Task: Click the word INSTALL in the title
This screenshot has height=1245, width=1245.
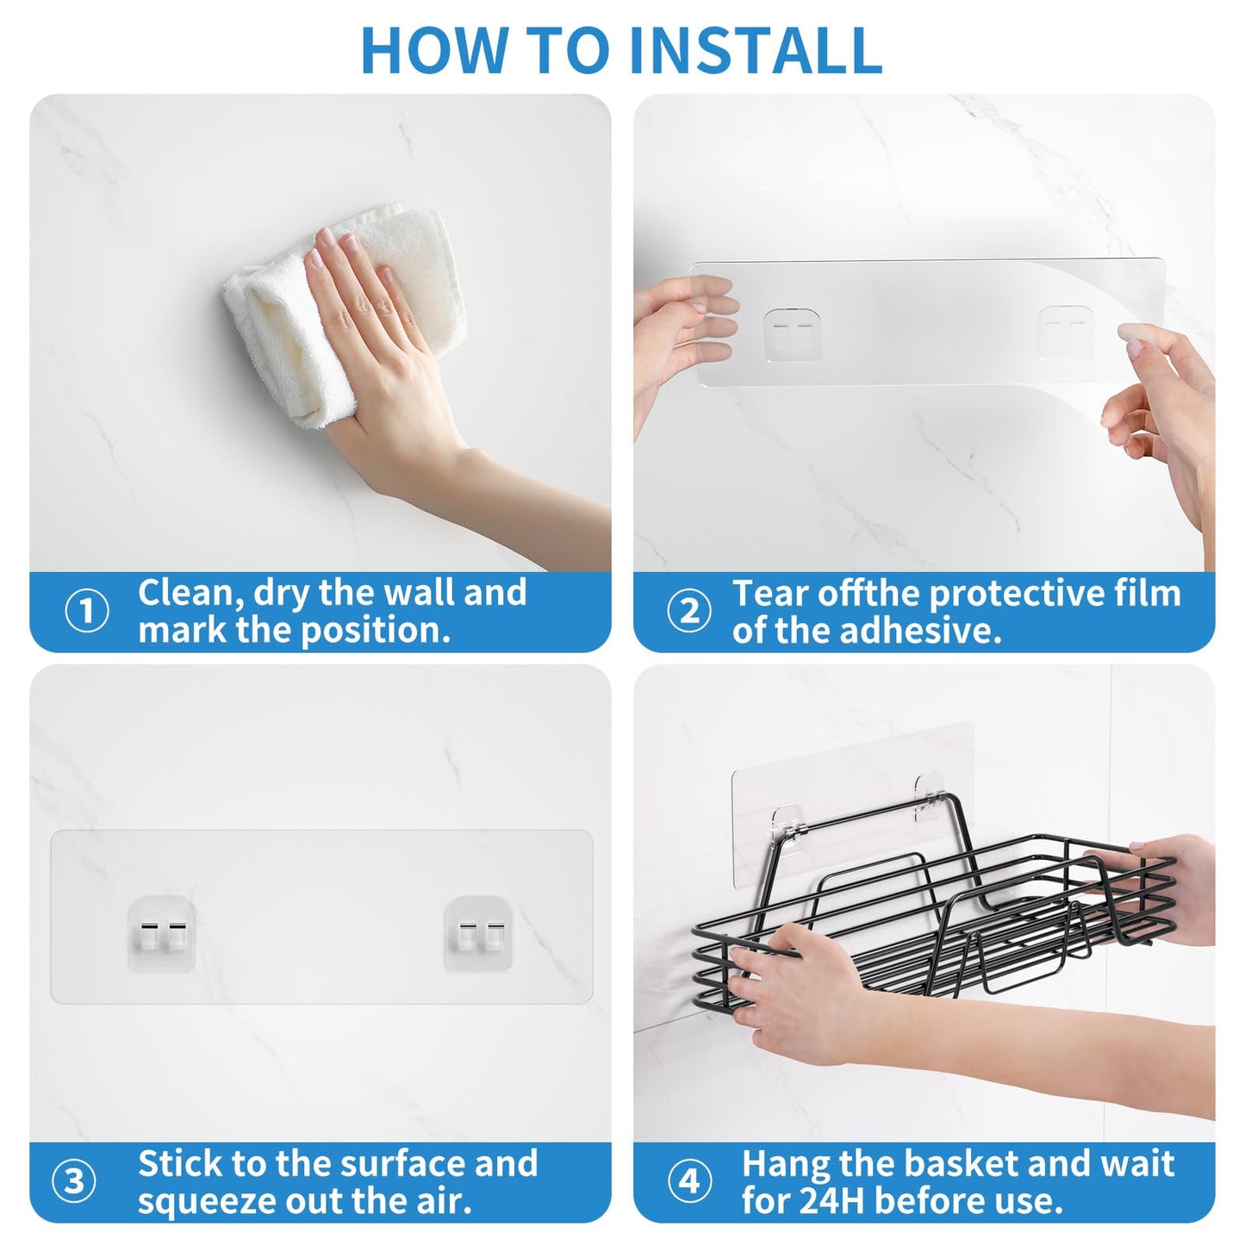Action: [x=755, y=50]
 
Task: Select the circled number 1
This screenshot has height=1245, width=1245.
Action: [x=86, y=611]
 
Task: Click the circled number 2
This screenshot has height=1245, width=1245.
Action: [x=689, y=611]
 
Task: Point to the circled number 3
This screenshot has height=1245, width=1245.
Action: [x=74, y=1182]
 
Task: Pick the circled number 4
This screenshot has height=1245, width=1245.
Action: [x=689, y=1182]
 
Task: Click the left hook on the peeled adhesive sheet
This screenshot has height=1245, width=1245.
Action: [x=793, y=334]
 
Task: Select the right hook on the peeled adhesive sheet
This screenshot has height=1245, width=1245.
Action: [x=1066, y=332]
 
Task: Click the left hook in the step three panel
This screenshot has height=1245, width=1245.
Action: [x=161, y=934]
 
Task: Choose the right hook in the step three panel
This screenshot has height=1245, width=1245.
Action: [x=479, y=934]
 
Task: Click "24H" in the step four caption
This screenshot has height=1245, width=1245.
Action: [x=831, y=1200]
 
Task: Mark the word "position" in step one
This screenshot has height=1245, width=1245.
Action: [x=376, y=632]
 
